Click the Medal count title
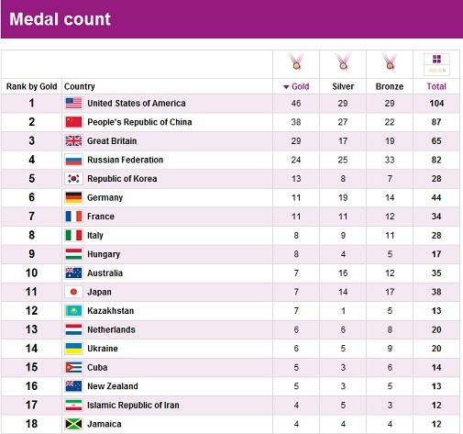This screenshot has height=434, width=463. [x=60, y=19]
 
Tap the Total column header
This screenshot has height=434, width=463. [x=436, y=86]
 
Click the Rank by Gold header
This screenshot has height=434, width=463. [x=31, y=86]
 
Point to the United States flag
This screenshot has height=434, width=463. [x=73, y=103]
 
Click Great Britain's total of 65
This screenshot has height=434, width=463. [x=436, y=141]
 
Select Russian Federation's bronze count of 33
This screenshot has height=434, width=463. [x=390, y=160]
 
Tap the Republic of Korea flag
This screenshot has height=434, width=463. [x=73, y=179]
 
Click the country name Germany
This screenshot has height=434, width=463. [x=105, y=198]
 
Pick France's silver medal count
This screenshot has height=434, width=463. [x=343, y=217]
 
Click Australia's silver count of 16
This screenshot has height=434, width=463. [x=343, y=273]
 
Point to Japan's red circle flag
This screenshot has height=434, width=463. [x=73, y=292]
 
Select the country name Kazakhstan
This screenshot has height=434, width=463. [x=110, y=311]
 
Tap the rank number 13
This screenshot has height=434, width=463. [x=31, y=329]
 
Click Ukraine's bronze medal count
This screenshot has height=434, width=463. [x=390, y=349]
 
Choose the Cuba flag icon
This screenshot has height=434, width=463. [x=73, y=367]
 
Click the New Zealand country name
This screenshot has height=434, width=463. [x=113, y=386]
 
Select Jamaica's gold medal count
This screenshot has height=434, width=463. [x=296, y=424]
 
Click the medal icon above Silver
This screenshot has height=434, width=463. [x=343, y=61]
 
